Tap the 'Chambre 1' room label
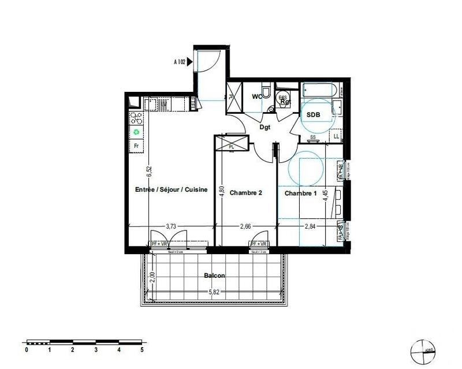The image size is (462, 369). pyautogui.click(x=300, y=193)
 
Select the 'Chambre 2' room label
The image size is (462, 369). pyautogui.click(x=246, y=193)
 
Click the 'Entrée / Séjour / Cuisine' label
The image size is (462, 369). pyautogui.click(x=171, y=190)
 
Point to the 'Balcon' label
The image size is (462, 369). pyautogui.click(x=214, y=275)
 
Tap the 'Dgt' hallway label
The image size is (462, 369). pyautogui.click(x=265, y=128)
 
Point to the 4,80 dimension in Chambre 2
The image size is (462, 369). pyautogui.click(x=222, y=191)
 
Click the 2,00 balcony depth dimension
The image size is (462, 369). pyautogui.click(x=151, y=278)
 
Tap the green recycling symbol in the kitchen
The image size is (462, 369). pyautogui.click(x=136, y=132)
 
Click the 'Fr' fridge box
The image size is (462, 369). pyautogui.click(x=136, y=146)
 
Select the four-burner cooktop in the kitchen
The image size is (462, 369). pyautogui.click(x=136, y=118)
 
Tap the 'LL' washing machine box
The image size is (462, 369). pyautogui.click(x=336, y=136)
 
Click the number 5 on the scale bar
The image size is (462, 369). pyautogui.click(x=141, y=350)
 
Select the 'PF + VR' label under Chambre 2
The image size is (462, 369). pyautogui.click(x=258, y=245)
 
